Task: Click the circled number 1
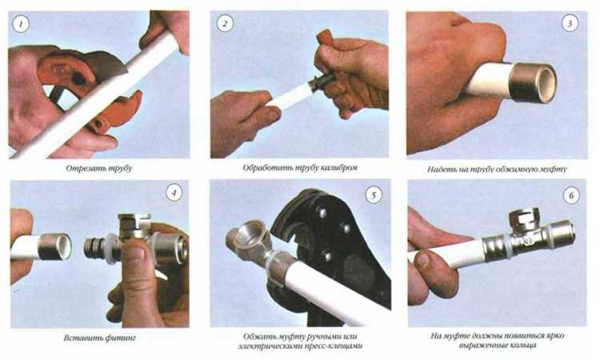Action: coord(21,25)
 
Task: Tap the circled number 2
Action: coord(225,24)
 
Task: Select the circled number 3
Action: coord(570,24)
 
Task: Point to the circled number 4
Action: coord(174,193)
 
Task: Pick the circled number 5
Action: coord(374,195)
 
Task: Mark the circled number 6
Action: coord(571,196)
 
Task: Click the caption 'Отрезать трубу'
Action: coord(98,168)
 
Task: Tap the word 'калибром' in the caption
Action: coord(339,167)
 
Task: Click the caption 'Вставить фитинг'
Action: coord(100,338)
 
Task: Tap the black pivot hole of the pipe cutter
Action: coord(79,78)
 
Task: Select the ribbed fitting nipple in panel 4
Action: coord(94,248)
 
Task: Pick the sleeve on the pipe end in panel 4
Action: coord(56,246)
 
